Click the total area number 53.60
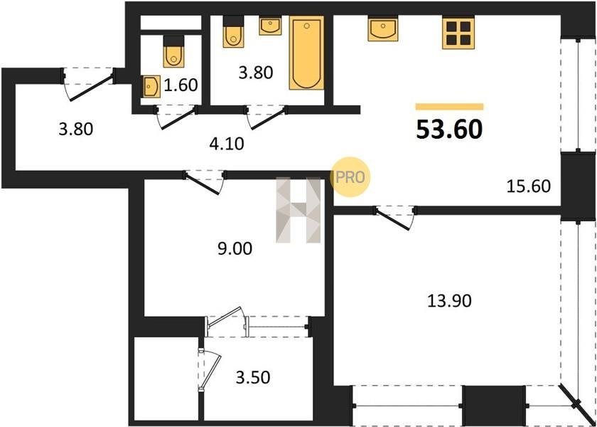tap(449, 130)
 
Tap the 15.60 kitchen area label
tap(529, 186)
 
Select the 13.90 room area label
tap(449, 301)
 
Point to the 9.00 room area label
tap(235, 249)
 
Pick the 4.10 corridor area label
tap(227, 144)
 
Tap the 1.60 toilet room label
tap(181, 85)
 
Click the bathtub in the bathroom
tap(306, 53)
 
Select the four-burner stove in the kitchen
tap(458, 33)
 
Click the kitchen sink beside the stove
tap(383, 29)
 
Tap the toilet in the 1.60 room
tap(173, 51)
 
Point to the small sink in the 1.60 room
tap(152, 87)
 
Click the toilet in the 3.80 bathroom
tap(233, 31)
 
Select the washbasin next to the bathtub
tap(270, 26)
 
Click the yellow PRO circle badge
tap(350, 177)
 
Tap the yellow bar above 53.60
tap(449, 107)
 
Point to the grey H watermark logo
tap(298, 210)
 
